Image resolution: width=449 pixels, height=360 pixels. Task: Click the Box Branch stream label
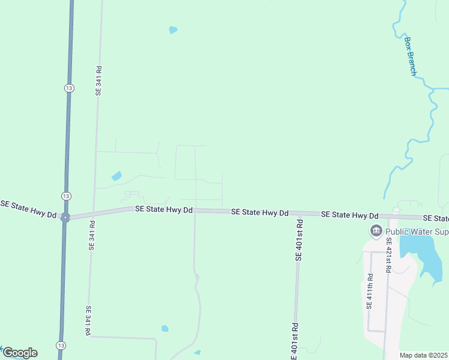411,56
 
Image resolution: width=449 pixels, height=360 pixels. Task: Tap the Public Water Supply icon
376,230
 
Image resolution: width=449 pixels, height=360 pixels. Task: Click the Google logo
20,353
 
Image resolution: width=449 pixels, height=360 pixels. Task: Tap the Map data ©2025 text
423,355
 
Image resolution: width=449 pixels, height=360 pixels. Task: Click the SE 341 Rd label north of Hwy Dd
99,80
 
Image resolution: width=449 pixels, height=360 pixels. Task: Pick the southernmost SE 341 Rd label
88,320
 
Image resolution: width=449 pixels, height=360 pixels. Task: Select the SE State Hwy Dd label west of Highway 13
28,209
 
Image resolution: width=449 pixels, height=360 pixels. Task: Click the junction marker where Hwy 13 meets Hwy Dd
65,218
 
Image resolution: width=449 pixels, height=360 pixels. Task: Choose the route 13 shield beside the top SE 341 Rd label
70,88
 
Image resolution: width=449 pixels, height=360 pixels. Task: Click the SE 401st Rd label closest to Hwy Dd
299,239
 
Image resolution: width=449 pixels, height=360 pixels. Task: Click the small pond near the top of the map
173,29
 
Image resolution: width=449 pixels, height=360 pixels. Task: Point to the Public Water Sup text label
417,231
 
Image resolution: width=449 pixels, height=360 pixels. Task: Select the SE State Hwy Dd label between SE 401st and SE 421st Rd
349,215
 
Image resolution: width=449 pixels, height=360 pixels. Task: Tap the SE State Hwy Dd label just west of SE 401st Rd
259,213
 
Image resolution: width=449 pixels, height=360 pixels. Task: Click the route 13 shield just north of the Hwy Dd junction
66,196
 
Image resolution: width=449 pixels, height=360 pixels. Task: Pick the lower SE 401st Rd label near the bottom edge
295,342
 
